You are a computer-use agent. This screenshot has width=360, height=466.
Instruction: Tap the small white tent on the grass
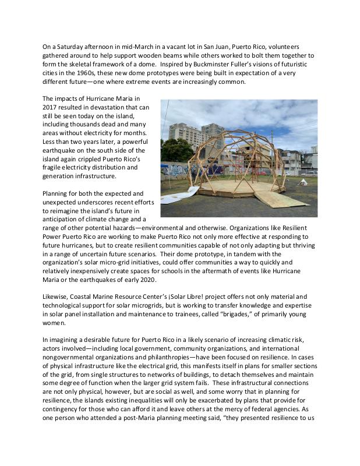303,182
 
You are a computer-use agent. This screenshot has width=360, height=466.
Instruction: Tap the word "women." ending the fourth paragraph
57,324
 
